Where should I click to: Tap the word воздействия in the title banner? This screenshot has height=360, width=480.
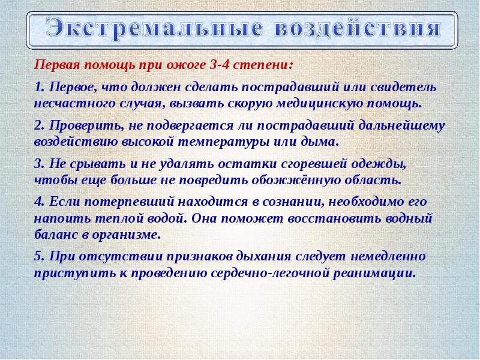pos(357,28)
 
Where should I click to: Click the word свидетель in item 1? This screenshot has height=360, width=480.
pos(403,87)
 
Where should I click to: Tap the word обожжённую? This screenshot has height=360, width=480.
pos(296,181)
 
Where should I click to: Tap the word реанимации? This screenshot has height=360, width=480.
pos(374,273)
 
